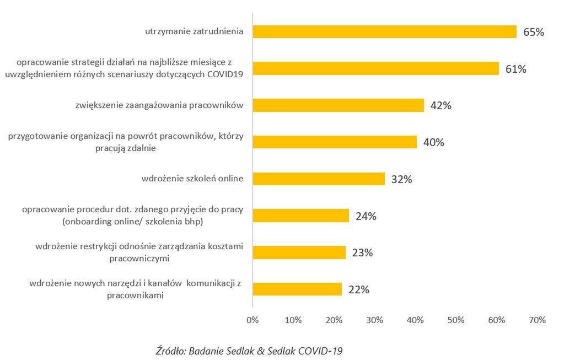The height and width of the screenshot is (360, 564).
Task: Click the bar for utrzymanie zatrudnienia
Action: (384, 32)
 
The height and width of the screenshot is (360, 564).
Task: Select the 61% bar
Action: (375, 69)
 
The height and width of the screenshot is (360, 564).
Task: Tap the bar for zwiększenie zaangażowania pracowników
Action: (338, 105)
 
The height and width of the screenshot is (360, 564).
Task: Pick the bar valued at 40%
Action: (334, 142)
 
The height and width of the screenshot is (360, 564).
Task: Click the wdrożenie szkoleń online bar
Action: (318, 179)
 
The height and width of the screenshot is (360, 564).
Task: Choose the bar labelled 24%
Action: (300, 216)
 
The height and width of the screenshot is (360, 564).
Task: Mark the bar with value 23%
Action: (299, 252)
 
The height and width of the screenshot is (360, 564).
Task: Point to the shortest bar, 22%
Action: (297, 289)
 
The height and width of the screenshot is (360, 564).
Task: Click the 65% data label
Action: (534, 33)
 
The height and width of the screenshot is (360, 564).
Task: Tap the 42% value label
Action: (441, 106)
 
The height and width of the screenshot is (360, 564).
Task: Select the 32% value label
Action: (401, 179)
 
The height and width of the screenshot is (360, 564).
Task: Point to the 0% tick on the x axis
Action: (253, 320)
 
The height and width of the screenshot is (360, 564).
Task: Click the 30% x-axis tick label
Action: (374, 320)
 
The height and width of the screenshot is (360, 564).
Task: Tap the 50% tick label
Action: (456, 320)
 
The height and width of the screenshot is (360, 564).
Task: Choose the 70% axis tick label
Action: (538, 320)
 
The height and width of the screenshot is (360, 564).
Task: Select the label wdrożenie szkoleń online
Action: (192, 179)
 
